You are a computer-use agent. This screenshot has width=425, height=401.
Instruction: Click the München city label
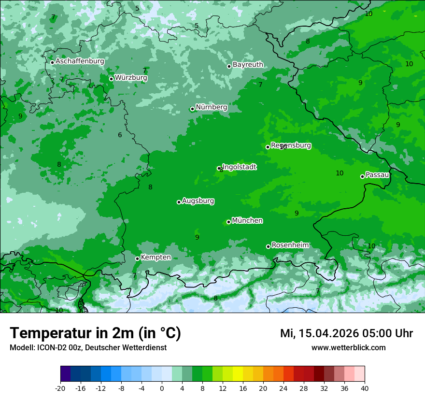[247, 221]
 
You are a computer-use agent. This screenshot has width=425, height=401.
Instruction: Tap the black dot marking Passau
[362, 176]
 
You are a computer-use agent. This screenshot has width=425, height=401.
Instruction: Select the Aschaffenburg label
[80, 61]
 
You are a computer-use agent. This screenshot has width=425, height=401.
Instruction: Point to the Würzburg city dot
[111, 79]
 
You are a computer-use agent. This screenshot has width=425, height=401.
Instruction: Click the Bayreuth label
[248, 64]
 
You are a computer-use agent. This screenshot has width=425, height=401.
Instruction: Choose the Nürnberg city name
[211, 107]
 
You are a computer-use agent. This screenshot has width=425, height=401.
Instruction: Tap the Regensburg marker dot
[268, 147]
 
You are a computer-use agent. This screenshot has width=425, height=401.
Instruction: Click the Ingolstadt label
[239, 167]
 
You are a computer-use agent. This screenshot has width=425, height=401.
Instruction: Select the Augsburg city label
[198, 201]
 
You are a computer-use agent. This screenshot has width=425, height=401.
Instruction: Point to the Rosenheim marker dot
[268, 246]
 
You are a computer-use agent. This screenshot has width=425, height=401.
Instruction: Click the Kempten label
[156, 257]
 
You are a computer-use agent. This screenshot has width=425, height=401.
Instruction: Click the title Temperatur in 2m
[95, 333]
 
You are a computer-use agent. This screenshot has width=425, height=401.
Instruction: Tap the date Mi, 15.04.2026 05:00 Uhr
[346, 333]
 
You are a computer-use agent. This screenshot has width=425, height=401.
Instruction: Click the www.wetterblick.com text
[348, 347]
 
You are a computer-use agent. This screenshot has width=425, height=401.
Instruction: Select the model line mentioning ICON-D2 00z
[88, 347]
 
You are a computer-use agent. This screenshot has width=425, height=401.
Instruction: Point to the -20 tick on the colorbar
[60, 388]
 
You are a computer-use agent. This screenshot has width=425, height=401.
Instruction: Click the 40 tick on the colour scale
[365, 388]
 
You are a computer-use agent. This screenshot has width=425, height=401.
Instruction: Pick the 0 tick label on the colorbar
[162, 388]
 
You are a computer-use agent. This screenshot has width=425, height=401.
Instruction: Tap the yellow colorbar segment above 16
[238, 374]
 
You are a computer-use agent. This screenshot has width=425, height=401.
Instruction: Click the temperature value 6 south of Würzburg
[120, 135]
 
